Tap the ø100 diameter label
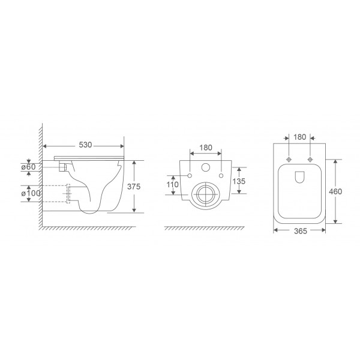pyautogui.click(x=30, y=193)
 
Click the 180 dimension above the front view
pyautogui.click(x=206, y=147)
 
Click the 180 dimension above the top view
pyautogui.click(x=299, y=137)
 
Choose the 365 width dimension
pyautogui.click(x=299, y=232)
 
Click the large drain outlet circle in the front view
pyautogui.click(x=206, y=195)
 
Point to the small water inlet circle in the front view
pyautogui.click(x=206, y=169)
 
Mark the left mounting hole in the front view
pyautogui.click(x=190, y=175)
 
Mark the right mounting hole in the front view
pyautogui.click(x=222, y=175)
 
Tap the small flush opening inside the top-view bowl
pyautogui.click(x=299, y=176)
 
